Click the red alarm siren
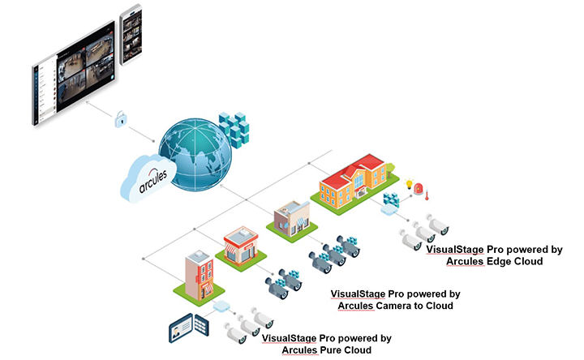click(419, 188)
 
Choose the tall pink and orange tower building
click(196, 272)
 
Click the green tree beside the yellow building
click(389, 169)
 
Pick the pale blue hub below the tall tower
click(220, 308)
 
